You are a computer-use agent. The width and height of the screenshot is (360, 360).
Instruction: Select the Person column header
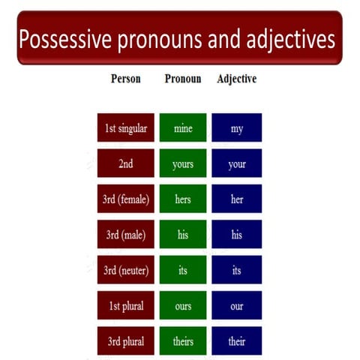pos(125,79)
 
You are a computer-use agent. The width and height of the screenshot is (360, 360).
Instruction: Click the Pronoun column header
pos(182,79)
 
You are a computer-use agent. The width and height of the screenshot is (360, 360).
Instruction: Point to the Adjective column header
pos(236,79)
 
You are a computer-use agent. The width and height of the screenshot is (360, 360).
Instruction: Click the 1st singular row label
pos(125,128)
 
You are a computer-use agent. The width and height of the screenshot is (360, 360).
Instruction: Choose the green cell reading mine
pos(182,128)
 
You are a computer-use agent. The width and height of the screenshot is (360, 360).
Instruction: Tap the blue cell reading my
pos(237,128)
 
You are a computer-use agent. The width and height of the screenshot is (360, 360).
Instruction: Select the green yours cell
pos(182,163)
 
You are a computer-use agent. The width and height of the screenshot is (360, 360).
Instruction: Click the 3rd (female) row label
pos(125,199)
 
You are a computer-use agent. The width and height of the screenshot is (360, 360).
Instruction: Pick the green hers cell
pos(182,199)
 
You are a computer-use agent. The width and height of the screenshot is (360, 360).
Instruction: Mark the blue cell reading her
pos(237,199)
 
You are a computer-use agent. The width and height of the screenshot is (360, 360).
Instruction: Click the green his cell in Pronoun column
pos(182,235)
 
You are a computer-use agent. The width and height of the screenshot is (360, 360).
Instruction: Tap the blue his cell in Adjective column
pos(237,235)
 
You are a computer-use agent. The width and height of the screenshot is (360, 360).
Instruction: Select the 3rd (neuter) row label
pos(125,270)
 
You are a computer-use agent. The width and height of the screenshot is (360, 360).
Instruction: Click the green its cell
pos(182,270)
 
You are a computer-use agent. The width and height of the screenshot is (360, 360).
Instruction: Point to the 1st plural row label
pos(125,305)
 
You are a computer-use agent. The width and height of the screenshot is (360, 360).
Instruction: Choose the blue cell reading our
pos(237,305)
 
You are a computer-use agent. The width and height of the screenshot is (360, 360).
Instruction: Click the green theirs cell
pos(182,341)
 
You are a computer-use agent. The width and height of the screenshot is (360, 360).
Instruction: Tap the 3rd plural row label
pos(125,341)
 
